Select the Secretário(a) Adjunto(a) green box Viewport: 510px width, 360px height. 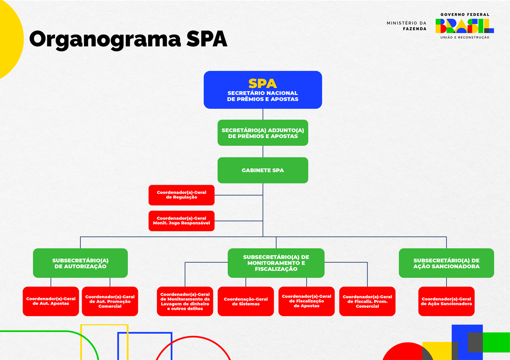263,133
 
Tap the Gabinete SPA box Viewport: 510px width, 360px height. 263,170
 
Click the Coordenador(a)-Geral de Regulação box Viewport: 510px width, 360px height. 181,195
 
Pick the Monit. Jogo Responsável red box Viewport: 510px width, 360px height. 181,221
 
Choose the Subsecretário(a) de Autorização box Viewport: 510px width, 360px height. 80,263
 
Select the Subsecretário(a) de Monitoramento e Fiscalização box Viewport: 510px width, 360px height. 276,263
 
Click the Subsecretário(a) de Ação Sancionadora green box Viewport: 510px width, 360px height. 446,263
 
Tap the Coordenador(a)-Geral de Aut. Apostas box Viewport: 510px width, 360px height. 51,301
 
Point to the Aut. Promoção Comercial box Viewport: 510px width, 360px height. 110,301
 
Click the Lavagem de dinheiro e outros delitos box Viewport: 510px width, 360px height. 185,301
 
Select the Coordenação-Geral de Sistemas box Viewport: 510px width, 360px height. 246,301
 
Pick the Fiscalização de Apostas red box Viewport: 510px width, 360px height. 306,301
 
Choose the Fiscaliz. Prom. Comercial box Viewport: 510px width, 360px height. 367,301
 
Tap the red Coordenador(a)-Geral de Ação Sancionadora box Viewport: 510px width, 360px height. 446,301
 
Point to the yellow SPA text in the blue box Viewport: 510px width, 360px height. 263,83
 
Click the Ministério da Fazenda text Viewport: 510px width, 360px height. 407,26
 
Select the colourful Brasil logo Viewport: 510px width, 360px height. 464,26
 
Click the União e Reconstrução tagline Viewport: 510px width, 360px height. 464,38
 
